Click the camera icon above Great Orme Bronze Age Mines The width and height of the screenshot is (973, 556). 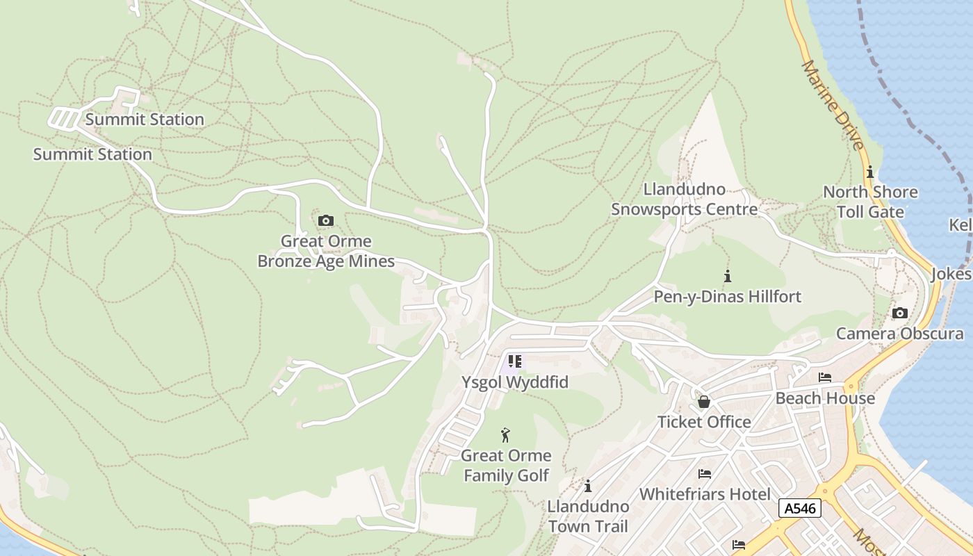(325, 221)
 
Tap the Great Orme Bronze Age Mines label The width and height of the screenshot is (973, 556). (326, 252)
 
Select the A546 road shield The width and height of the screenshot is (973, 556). (799, 508)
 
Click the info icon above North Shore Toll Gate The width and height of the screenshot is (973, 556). (869, 172)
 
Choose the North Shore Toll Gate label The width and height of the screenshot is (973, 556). (870, 202)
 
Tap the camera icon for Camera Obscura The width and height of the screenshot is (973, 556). (899, 313)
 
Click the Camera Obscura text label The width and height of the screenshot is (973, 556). (899, 334)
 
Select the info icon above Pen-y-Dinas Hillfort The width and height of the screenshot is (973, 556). (728, 276)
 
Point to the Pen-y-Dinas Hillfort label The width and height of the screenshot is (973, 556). (728, 297)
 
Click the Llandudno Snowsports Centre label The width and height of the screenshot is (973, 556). (684, 199)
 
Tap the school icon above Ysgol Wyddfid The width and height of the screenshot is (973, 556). (514, 361)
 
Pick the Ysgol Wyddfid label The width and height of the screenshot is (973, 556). (515, 382)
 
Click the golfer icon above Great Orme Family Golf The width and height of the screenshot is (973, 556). (506, 436)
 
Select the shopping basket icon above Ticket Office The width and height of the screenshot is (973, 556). (704, 402)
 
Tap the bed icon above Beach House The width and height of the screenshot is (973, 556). (825, 378)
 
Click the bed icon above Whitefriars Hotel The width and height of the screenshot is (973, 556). (705, 474)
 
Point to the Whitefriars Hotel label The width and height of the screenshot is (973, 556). (705, 494)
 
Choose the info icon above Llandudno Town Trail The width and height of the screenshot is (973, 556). (588, 486)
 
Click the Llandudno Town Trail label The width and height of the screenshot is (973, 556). (588, 516)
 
